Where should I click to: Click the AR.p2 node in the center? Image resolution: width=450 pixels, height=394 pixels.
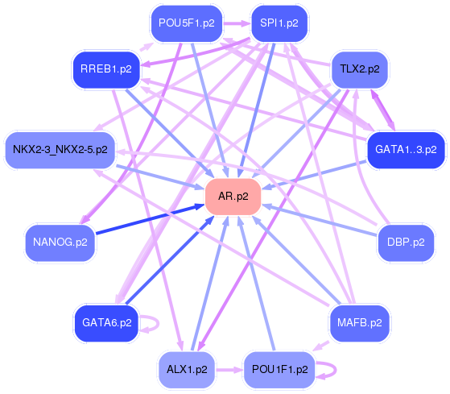(233, 197)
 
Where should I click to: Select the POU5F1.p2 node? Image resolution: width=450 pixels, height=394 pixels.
(187, 23)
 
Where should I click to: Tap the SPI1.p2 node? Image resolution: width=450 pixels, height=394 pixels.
(279, 23)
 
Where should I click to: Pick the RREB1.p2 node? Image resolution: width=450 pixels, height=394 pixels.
(106, 69)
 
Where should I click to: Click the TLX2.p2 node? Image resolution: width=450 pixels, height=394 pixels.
(360, 69)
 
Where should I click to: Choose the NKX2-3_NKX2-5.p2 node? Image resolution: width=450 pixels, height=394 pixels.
(60, 150)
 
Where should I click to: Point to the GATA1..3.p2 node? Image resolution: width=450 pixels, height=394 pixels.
(406, 150)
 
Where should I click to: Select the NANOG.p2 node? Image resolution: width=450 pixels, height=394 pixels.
(60, 243)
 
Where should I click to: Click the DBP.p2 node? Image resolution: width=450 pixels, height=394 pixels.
(406, 243)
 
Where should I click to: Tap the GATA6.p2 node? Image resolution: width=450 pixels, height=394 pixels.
(107, 323)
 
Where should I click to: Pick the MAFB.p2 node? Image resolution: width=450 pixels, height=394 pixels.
(360, 323)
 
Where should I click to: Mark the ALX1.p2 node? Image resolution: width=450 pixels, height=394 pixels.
(187, 370)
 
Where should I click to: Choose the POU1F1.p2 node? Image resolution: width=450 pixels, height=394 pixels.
(279, 370)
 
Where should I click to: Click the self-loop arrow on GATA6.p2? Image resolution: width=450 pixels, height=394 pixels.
(158, 324)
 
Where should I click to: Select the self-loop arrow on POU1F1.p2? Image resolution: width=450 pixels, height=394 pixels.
(335, 370)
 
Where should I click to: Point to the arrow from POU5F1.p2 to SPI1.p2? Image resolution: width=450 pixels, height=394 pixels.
(237, 23)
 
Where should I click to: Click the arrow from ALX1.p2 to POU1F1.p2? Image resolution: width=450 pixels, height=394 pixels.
(229, 370)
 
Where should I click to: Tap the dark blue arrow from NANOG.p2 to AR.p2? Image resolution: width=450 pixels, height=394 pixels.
(150, 219)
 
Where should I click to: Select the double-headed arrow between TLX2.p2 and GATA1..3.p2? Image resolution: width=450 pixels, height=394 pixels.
(383, 110)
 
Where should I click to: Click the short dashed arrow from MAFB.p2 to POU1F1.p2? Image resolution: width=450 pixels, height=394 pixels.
(321, 346)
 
